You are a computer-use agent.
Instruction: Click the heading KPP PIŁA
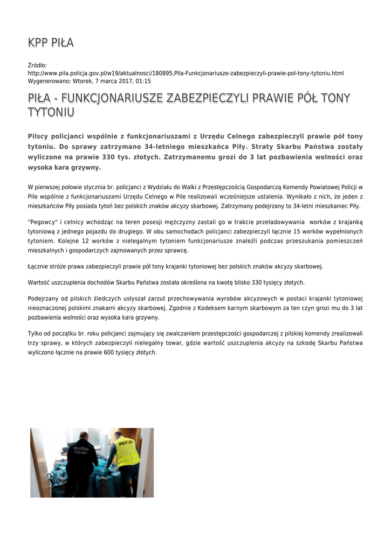[51, 43]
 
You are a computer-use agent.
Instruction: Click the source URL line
[186, 73]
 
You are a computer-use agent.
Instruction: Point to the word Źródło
[37, 66]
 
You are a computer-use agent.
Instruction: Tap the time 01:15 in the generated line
[143, 81]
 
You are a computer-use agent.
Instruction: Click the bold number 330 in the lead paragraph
[110, 157]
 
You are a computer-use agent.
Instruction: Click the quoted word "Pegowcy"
[43, 222]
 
